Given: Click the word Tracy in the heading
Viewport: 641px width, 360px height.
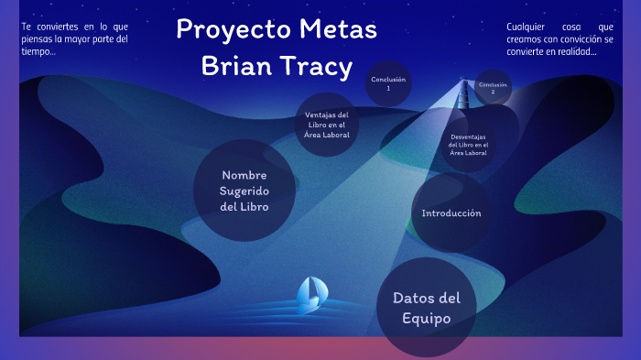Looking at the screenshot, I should point(317,66).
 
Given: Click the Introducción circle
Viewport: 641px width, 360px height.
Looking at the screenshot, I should point(451,213).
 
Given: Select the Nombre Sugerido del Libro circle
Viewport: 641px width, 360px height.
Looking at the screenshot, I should point(244,191).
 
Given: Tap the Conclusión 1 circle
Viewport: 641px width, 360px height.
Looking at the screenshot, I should point(388,83).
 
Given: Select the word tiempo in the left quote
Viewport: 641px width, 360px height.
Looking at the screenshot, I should point(36,51).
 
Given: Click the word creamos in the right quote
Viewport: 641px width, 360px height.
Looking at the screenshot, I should point(527,39).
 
